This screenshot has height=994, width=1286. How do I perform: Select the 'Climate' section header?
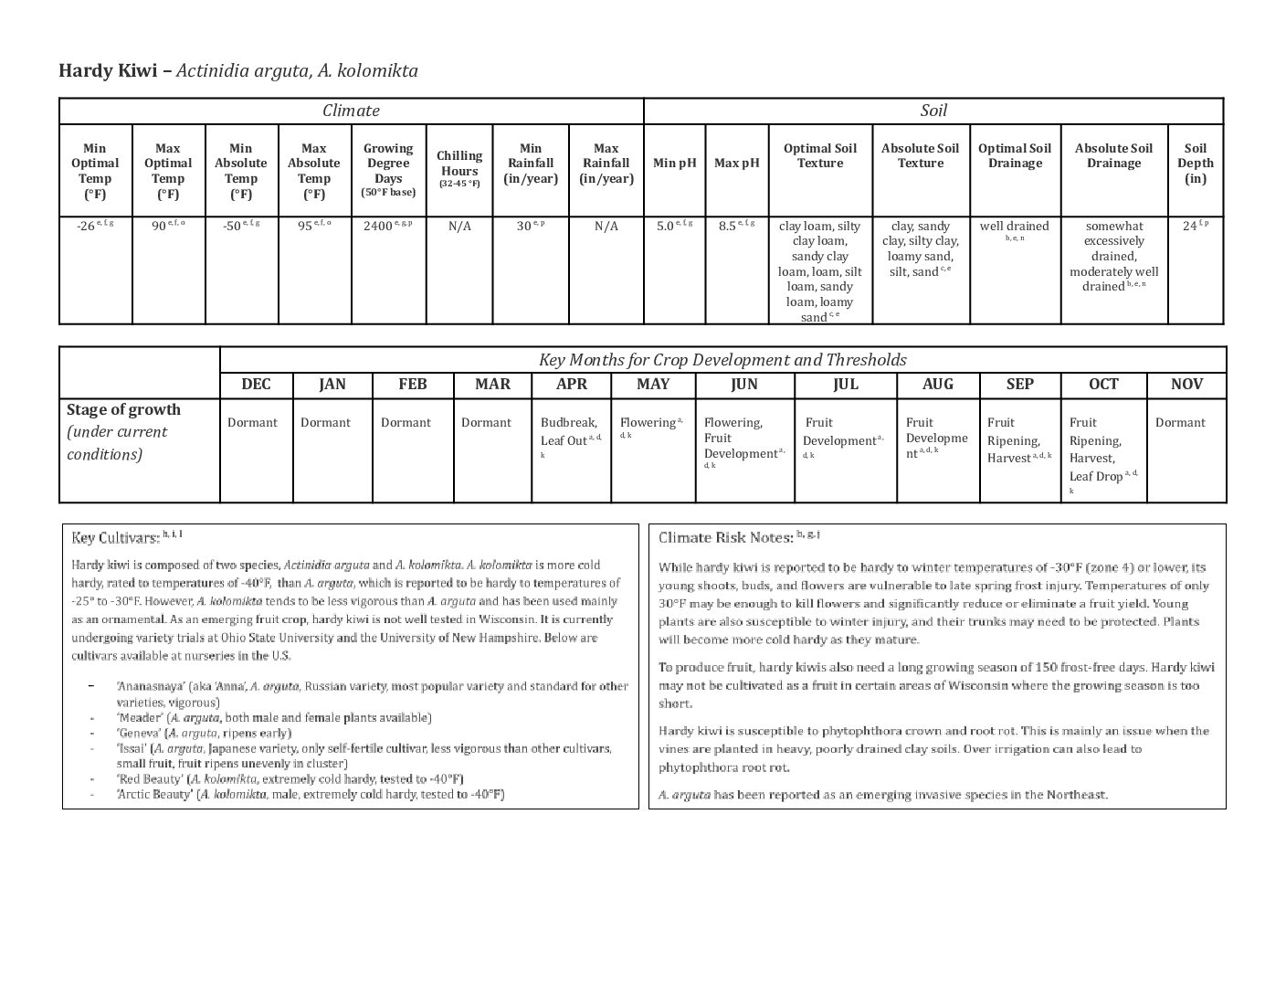click(351, 111)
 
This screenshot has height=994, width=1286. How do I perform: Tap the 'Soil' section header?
click(933, 111)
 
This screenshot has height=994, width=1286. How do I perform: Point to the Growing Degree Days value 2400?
click(378, 226)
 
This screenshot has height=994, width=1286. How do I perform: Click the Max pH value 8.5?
click(727, 226)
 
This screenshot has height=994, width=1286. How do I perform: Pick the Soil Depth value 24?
click(1189, 226)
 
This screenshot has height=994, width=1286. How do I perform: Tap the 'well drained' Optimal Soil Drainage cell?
click(1014, 226)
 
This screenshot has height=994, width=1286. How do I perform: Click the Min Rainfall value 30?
click(524, 226)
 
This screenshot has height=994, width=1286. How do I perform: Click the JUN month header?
click(743, 384)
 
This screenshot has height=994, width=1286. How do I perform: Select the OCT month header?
click(1103, 384)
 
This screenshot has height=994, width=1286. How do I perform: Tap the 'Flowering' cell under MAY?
click(648, 423)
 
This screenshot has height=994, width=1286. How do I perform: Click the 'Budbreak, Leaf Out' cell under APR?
click(568, 431)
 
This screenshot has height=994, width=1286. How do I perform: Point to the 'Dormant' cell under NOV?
click(1180, 422)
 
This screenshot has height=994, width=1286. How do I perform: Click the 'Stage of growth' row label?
click(124, 409)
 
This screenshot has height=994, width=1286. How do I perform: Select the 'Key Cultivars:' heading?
click(115, 538)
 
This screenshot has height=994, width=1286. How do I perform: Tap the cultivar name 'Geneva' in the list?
click(139, 733)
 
